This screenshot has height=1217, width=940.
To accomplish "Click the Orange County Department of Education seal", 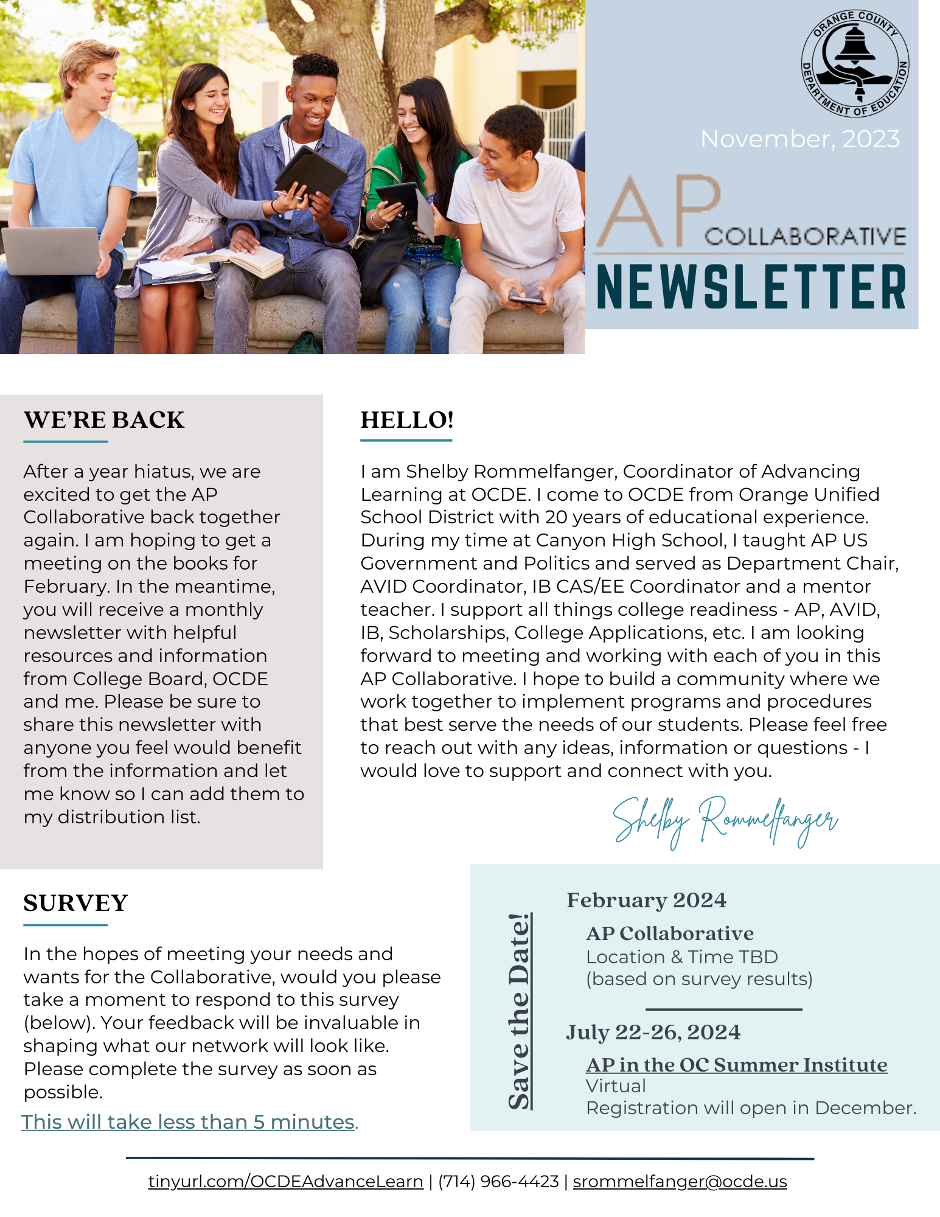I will [855, 63].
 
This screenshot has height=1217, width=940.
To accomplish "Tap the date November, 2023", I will [799, 139].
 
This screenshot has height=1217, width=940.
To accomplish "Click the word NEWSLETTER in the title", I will [751, 287].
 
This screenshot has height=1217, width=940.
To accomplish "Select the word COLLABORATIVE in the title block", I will [805, 237].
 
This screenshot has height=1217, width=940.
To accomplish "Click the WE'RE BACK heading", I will [104, 420].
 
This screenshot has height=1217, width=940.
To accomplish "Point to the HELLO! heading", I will [407, 420].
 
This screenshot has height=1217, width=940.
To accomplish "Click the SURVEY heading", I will [75, 903].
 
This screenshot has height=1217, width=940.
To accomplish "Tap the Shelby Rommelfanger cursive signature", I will [725, 820].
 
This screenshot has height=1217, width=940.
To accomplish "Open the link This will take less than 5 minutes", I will [189, 1121].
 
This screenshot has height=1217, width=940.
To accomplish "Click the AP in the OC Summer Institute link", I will [736, 1065].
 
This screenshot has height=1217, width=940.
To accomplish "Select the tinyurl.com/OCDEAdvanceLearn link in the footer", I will [285, 1181].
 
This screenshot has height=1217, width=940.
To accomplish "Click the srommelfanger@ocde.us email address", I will [680, 1181].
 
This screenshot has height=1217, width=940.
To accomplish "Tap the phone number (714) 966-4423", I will [498, 1181].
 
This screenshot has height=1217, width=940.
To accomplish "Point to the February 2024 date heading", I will [646, 900].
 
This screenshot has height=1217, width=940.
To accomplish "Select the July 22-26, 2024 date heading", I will [653, 1032].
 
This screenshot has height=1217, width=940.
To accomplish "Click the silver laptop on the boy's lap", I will [52, 249].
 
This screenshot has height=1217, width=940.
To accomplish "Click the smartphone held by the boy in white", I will [527, 299].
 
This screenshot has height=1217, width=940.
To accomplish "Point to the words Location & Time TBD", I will [681, 957].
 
